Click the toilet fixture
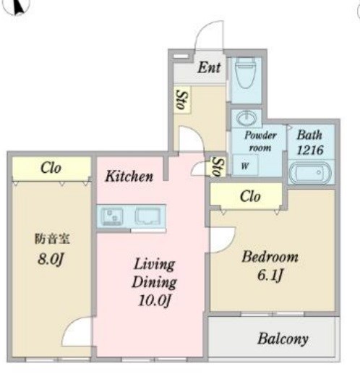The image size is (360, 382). (x=246, y=72)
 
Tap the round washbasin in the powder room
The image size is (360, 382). (x=247, y=119)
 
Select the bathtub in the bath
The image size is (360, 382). (x=310, y=172)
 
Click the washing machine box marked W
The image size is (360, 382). (x=245, y=166)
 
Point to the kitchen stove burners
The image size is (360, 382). (x=112, y=216)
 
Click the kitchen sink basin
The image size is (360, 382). (x=148, y=216)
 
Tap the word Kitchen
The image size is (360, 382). (x=129, y=176)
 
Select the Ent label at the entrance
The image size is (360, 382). (x=209, y=67)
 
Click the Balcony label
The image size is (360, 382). (x=283, y=339)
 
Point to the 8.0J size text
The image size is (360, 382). (x=51, y=259)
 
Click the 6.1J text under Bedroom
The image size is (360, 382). (x=270, y=276)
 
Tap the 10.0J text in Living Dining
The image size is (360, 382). (x=154, y=300)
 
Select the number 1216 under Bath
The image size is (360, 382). (x=310, y=150)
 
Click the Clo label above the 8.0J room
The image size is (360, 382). (x=51, y=168)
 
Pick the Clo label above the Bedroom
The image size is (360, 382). (x=250, y=196)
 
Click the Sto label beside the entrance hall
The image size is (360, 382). (x=182, y=100)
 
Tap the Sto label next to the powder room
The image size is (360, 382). (x=216, y=166)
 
